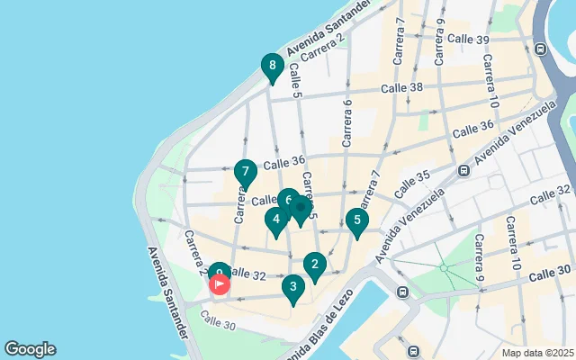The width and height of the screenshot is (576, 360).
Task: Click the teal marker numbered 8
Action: [x=272, y=67]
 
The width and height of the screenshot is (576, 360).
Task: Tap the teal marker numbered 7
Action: [x=245, y=172]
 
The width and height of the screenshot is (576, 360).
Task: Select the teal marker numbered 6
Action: [x=287, y=200]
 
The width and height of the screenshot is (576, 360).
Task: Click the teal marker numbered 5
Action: [x=357, y=220]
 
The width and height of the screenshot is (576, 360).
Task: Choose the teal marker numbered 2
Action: [x=313, y=265]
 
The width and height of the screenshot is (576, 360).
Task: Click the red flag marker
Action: [x=220, y=284]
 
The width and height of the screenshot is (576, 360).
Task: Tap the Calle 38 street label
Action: [x=401, y=88]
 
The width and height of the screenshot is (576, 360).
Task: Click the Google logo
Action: [x=30, y=349]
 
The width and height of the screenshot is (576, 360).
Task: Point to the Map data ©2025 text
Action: [x=537, y=353]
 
